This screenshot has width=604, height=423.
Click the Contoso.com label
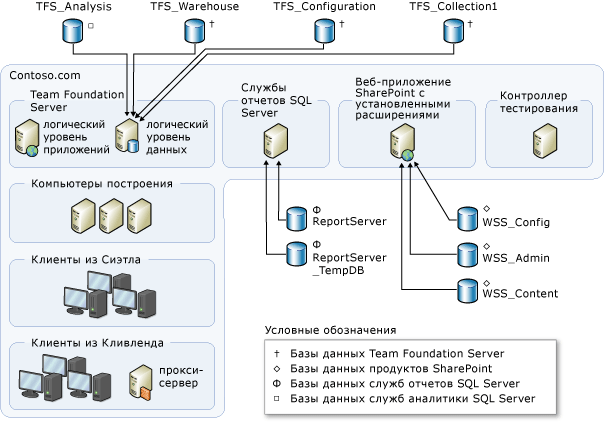pyautogui.click(x=44, y=76)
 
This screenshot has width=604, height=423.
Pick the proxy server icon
pyautogui.click(x=142, y=380)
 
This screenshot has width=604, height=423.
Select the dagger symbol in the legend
pyautogui.click(x=275, y=352)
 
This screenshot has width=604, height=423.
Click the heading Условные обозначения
pyautogui.click(x=330, y=330)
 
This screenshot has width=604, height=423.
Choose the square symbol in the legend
pyautogui.click(x=275, y=399)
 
